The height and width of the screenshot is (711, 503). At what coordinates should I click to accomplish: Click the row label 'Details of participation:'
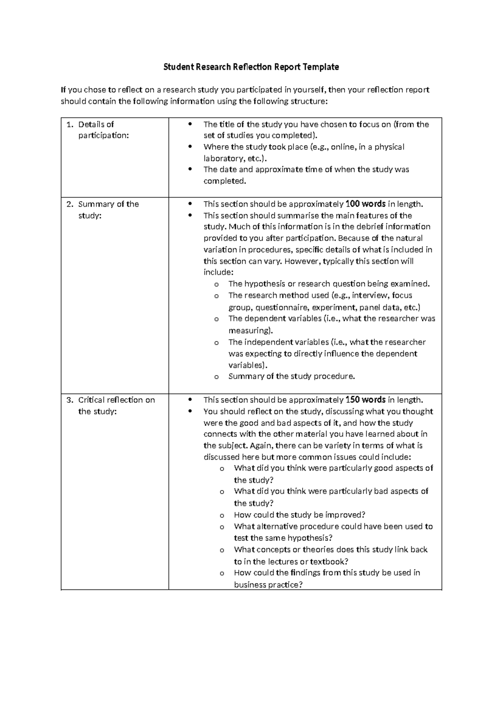(103, 130)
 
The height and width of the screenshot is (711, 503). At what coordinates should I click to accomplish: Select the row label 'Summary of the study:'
(108, 210)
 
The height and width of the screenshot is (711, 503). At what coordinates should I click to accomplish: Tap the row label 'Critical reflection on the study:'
(116, 405)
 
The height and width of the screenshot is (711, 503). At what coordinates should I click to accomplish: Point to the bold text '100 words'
(365, 204)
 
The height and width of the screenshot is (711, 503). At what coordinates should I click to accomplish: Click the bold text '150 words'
(365, 400)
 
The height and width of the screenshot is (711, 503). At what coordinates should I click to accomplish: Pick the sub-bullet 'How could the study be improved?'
(299, 515)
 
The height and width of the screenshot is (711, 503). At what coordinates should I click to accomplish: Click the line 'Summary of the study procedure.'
(291, 376)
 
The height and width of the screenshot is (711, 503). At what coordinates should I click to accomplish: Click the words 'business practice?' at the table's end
(268, 585)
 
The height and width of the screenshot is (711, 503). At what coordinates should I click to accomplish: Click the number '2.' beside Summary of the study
(70, 204)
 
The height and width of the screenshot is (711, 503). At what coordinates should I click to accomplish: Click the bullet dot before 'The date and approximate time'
(191, 170)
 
